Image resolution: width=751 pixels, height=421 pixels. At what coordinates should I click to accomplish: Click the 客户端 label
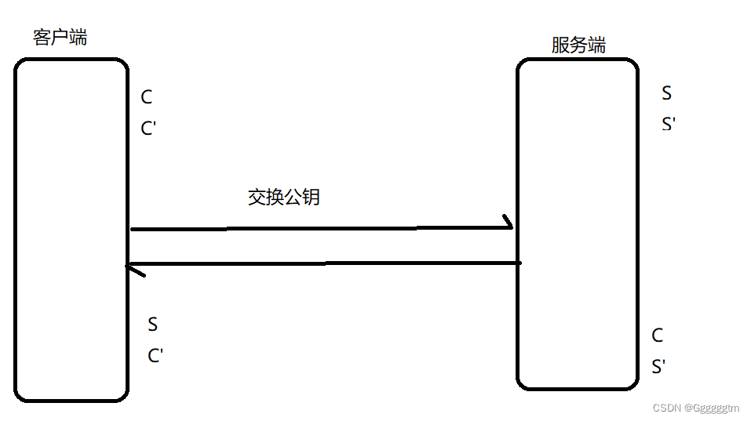60,37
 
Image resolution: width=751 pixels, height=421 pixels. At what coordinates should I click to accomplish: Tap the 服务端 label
578,45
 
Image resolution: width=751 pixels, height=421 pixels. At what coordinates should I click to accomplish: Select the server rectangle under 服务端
577,223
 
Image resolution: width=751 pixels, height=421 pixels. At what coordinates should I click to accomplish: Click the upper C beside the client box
147,97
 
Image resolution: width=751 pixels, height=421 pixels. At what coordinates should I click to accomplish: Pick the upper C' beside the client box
149,128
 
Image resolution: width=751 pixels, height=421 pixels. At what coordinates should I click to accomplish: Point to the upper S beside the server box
667,93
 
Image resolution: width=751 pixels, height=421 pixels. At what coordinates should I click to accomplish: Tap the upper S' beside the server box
669,124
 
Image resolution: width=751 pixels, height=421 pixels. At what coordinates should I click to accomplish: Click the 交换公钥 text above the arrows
283,197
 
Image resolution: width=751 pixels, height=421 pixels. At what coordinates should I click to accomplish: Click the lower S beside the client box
153,324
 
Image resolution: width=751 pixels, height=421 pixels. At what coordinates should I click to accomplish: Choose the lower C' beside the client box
155,355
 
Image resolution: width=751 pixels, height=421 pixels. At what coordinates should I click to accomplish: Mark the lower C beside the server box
658,336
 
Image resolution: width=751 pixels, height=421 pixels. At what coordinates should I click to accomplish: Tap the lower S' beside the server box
659,366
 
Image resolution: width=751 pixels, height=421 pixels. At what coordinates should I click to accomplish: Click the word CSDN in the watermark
666,408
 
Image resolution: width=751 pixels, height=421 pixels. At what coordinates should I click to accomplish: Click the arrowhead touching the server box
507,225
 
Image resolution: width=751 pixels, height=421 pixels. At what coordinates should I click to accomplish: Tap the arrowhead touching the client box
134,269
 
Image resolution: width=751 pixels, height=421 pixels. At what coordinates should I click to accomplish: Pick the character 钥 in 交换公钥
311,197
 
